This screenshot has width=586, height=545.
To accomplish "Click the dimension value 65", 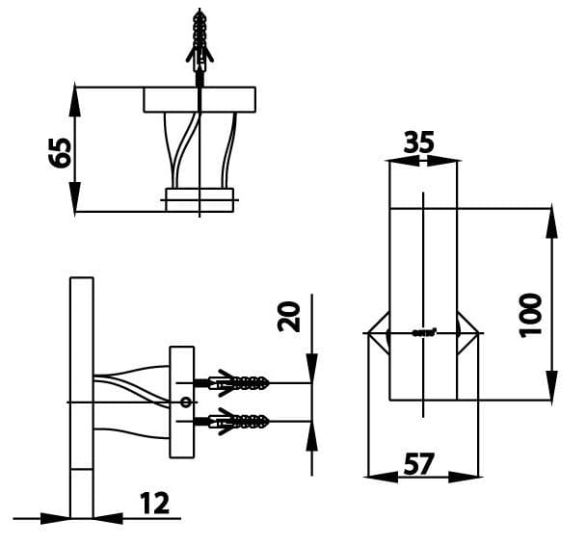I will [x=61, y=151].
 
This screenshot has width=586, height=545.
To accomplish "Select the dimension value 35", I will [x=418, y=143].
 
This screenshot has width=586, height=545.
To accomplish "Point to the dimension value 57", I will [x=420, y=463].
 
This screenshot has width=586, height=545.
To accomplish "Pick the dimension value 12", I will [x=153, y=503].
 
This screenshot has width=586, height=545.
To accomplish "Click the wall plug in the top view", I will [x=199, y=43].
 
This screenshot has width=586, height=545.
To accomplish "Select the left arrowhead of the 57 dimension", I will [x=379, y=475].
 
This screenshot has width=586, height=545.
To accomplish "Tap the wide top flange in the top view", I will [x=200, y=99].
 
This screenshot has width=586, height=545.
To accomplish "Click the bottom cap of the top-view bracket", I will [x=200, y=199].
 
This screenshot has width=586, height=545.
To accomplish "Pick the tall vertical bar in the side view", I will [x=82, y=395].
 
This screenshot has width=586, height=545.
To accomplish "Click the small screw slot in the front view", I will [x=423, y=333].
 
